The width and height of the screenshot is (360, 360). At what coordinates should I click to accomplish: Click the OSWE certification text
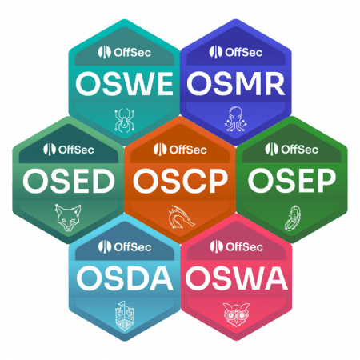coord(125,84)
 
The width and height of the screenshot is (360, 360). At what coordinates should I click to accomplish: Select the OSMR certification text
coord(236,84)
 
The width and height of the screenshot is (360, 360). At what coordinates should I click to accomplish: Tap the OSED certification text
coord(69,182)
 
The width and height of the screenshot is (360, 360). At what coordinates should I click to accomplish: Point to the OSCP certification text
coord(181,182)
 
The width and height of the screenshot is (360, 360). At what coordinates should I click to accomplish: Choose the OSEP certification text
coord(292,182)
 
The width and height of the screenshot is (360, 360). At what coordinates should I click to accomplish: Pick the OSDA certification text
coord(125,278)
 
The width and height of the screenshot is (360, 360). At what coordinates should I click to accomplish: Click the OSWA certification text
coord(237,278)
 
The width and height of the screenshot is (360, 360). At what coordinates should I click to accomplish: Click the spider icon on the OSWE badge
coord(124,120)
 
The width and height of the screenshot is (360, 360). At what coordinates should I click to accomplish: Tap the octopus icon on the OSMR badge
coord(236,119)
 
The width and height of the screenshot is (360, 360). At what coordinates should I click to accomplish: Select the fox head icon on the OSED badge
coord(68,218)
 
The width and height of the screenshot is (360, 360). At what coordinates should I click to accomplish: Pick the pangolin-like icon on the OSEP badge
coord(293,218)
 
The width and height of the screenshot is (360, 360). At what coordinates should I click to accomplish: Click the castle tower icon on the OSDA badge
coord(124,316)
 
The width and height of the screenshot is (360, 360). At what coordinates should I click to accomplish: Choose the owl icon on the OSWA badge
coord(236,314)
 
